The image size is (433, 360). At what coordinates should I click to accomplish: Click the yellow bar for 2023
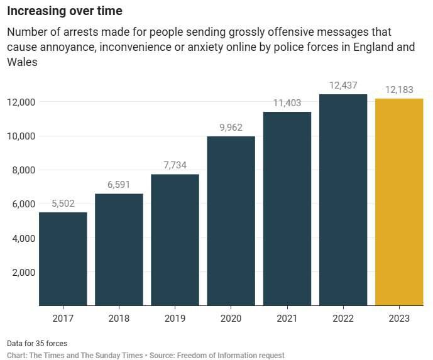(399, 202)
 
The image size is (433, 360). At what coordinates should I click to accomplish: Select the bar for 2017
(63, 258)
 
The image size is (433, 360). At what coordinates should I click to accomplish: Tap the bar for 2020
(231, 221)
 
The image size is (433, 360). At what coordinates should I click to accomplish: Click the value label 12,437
(343, 85)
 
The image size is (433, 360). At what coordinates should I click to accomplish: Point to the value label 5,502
(63, 203)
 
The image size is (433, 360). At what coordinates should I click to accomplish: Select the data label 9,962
(231, 127)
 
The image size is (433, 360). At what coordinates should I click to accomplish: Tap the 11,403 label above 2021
(287, 102)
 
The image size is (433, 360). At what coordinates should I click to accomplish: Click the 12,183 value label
(399, 89)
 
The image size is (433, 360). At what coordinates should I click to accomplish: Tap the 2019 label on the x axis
(175, 319)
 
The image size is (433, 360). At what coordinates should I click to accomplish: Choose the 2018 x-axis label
(119, 319)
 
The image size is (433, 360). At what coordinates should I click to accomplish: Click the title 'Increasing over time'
(65, 11)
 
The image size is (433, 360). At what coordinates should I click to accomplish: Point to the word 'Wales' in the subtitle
(23, 62)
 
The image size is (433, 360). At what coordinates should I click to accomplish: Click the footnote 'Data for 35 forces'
(37, 344)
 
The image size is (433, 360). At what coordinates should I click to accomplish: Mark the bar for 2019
(175, 239)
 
